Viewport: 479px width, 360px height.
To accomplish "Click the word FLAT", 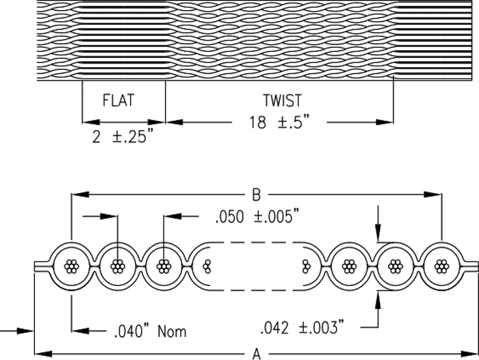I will point(118,101).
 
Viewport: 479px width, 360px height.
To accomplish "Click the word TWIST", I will point(281,101).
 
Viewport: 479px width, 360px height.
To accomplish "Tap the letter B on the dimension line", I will point(257,194).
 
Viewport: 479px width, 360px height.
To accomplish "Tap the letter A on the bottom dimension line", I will point(257,353).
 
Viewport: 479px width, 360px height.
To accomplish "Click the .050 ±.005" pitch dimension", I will point(259,219).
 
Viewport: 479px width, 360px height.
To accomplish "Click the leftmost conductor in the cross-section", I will point(71,266).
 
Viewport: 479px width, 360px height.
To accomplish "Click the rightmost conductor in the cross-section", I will point(441,266).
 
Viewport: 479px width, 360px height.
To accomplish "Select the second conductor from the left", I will point(118,266).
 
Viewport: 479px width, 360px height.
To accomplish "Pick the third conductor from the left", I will point(164,266).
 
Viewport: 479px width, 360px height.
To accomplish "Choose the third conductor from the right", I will point(349,266).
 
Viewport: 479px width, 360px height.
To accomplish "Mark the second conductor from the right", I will point(395,266).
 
